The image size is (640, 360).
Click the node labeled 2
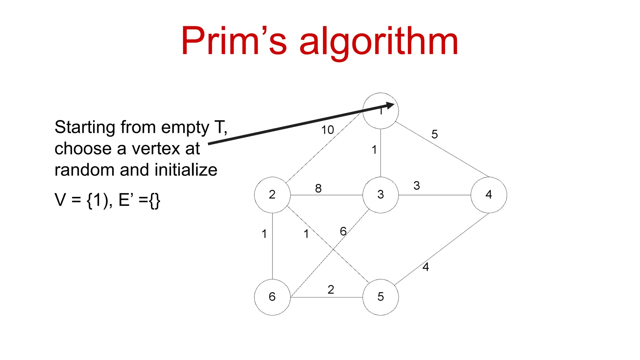click(272, 195)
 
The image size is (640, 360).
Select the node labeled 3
click(380, 195)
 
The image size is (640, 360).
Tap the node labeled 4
click(489, 195)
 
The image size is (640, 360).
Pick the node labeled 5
click(380, 297)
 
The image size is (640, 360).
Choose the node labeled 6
click(272, 297)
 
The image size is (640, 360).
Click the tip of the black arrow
click(393, 104)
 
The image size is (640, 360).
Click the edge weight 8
click(318, 188)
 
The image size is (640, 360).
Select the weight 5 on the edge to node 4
click(434, 134)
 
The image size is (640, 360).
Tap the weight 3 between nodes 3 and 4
click(417, 186)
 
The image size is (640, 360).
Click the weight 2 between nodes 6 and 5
click(331, 290)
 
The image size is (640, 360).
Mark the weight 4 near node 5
click(426, 267)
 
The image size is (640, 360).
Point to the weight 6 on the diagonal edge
click(343, 231)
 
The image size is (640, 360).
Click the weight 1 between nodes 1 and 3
click(374, 150)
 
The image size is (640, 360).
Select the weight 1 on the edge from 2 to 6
click(264, 234)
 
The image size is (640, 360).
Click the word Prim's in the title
click(233, 41)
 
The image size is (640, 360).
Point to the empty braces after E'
click(155, 200)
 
